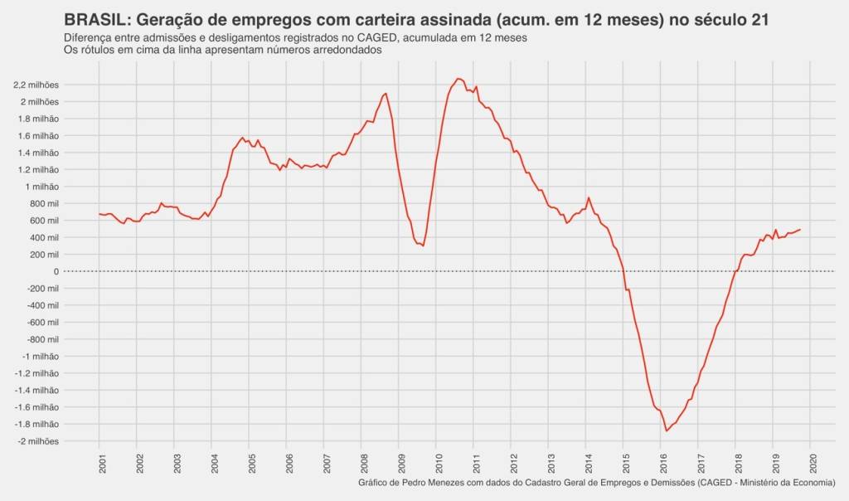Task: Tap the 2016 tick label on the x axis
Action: coord(663,462)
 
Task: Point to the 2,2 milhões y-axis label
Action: coord(36,85)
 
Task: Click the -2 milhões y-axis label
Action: coord(38,440)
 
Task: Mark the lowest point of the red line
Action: coord(666,430)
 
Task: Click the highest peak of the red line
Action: coord(458,78)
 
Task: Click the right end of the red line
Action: coord(800,229)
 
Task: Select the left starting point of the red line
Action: coord(99,214)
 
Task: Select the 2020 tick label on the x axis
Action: coord(813,462)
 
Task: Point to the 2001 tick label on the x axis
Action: coord(100,462)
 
